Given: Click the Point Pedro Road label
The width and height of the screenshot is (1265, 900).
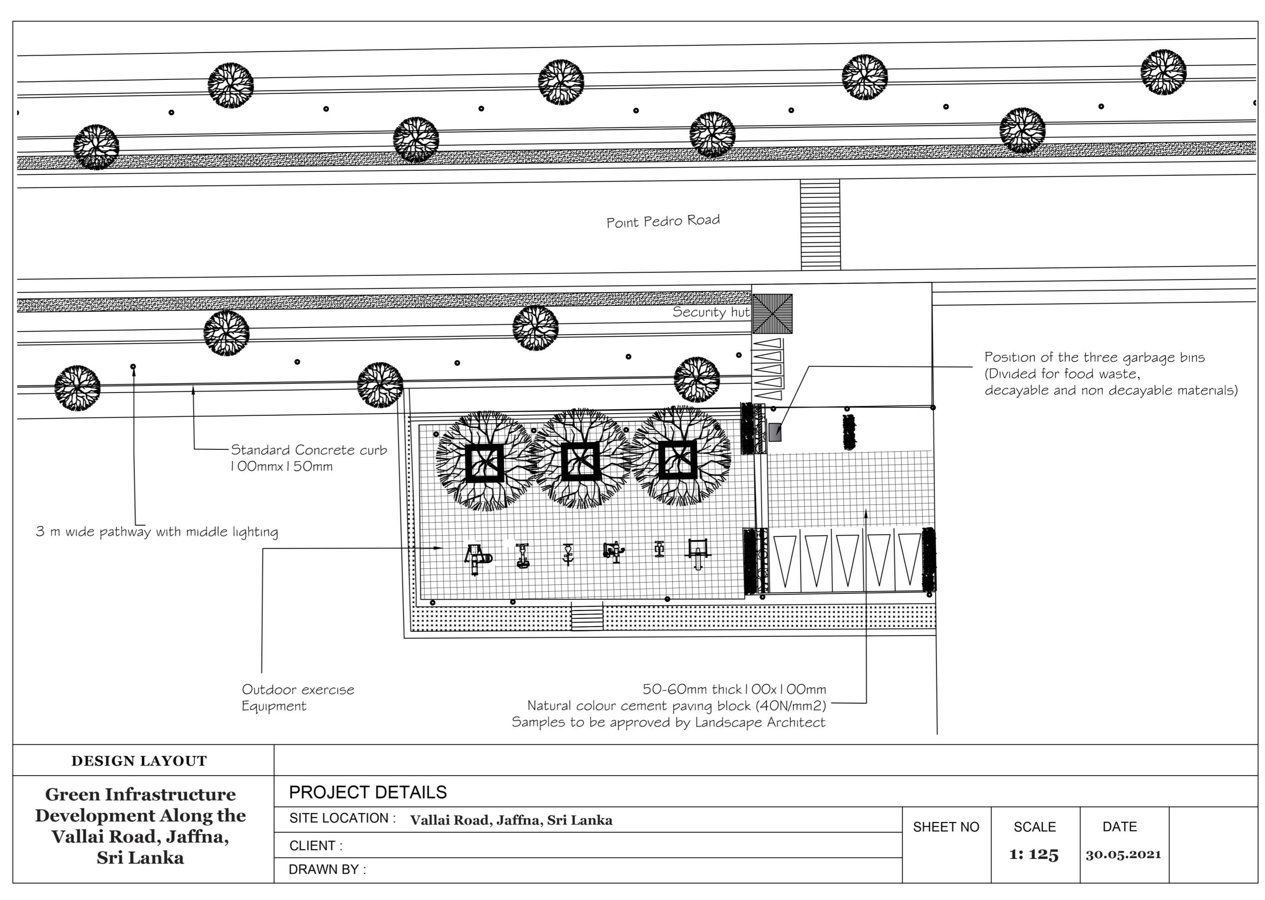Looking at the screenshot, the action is [x=662, y=221].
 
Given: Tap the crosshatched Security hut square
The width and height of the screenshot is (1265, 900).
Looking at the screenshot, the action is [x=772, y=314].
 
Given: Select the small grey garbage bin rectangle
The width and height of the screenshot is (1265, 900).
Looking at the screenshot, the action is [x=775, y=432].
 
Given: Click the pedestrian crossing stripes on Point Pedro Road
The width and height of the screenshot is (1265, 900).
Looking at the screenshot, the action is [x=820, y=224].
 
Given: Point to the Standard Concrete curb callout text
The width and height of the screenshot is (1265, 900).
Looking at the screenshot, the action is [x=308, y=457].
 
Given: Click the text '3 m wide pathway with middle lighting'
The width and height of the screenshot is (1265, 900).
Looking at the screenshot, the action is [x=157, y=531].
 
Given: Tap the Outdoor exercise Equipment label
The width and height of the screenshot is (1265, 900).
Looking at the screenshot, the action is [x=297, y=697].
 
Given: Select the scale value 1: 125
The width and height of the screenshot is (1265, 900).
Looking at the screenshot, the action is [x=1034, y=855].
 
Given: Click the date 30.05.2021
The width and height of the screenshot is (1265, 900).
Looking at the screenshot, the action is [x=1123, y=855].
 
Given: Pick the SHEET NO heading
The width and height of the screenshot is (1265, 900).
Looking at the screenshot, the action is [x=946, y=827].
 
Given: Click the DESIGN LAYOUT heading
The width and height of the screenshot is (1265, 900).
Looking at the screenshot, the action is [x=139, y=761].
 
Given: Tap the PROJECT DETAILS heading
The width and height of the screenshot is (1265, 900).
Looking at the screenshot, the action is [x=368, y=792].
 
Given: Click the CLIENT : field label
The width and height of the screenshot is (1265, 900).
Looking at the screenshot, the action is [x=315, y=846].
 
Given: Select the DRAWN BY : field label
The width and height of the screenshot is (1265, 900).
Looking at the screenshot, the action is [x=327, y=869].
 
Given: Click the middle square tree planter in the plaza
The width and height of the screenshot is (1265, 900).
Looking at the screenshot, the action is [x=580, y=461].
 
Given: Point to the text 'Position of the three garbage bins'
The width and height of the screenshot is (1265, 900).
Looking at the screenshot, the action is [x=1094, y=357].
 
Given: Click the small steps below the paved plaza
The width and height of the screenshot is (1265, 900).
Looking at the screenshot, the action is [x=587, y=616].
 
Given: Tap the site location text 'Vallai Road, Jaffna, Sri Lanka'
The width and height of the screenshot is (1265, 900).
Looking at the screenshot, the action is [x=511, y=820].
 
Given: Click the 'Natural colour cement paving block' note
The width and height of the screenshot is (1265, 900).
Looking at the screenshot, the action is [x=676, y=705].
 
